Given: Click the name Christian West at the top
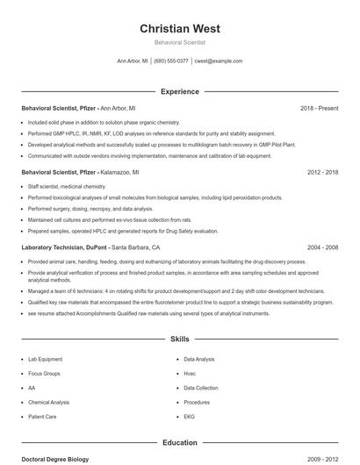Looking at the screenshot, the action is point(179,28).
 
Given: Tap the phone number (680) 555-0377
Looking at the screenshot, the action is point(172,61).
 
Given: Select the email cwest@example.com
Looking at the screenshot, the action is point(218,61).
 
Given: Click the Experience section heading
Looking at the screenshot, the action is point(179,91).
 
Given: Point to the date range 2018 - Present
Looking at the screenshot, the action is point(319,108).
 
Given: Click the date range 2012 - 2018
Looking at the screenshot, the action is point(322,173).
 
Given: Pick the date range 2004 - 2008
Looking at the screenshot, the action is point(322,247).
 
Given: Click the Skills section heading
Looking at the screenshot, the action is point(179,338).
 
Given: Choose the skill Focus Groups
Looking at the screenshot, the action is point(44,374).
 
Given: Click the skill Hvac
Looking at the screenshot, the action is point(190,374).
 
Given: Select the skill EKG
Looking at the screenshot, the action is point(190,416).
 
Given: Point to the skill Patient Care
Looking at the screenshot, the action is point(42,416).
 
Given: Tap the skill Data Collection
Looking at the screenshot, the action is point(201,388).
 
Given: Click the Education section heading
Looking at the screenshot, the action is point(179,443).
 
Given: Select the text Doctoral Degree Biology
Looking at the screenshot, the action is point(55,459).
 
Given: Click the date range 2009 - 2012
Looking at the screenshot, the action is point(322,459).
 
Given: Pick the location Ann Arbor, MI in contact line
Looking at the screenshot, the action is point(133,61).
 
